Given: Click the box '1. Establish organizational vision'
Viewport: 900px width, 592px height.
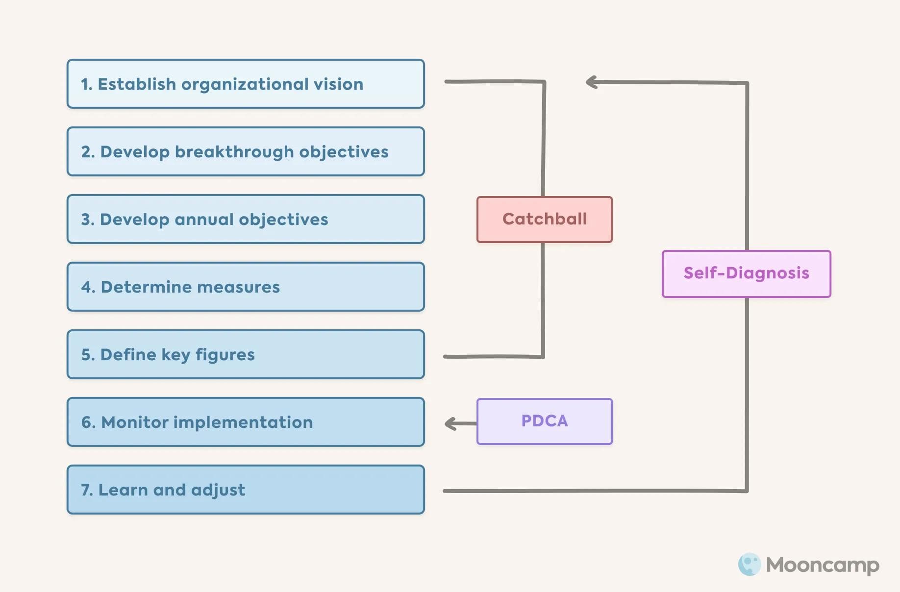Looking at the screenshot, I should tap(246, 84).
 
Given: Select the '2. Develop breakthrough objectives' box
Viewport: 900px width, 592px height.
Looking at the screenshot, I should tap(246, 151).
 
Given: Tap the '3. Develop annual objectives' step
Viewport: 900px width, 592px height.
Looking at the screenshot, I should tap(246, 219).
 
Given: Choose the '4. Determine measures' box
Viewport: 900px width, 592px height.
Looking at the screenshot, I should tap(246, 287).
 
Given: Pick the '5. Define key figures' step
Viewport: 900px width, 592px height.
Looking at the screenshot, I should tap(246, 354).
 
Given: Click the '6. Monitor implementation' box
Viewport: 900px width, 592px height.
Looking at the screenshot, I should tap(246, 422).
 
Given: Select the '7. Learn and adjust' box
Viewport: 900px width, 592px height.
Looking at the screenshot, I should tap(246, 490).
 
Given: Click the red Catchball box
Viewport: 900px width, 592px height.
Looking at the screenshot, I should tap(545, 219).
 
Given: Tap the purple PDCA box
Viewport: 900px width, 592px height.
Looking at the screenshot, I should tap(545, 421).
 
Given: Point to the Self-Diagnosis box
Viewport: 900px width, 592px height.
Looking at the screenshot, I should tap(746, 273).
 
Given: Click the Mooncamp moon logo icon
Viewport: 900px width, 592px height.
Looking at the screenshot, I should tap(749, 565).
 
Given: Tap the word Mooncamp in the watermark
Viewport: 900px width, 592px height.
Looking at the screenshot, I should tap(823, 565).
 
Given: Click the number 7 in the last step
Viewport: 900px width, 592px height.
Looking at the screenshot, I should tap(86, 490).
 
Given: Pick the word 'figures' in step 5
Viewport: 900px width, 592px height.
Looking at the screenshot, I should tap(225, 355).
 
